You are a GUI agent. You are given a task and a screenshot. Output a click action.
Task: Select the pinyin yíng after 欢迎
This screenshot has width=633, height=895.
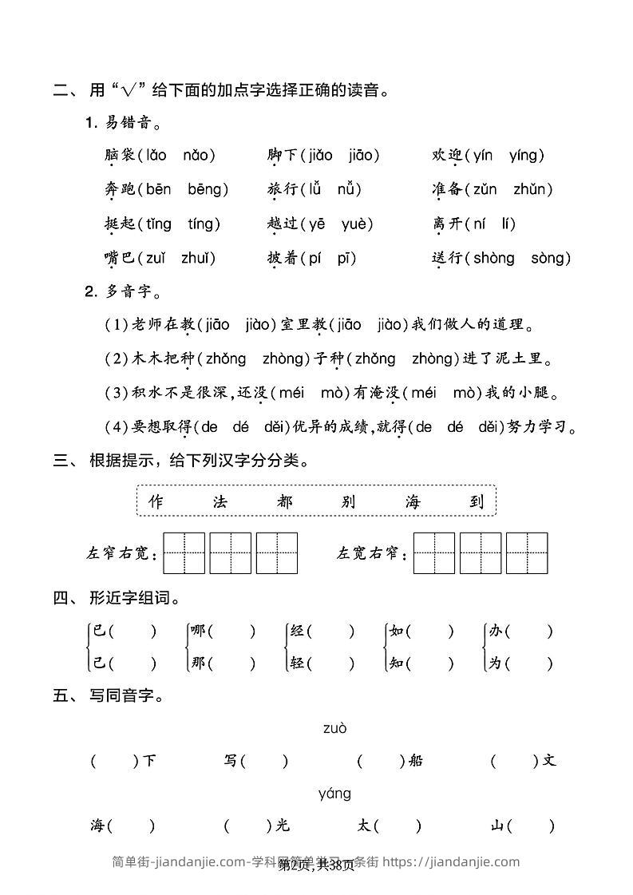pos(527,156)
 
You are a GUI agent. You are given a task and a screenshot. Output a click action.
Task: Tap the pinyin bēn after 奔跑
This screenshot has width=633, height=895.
pos(159,190)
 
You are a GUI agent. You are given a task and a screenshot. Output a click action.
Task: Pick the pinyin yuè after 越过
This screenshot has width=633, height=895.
pos(357,224)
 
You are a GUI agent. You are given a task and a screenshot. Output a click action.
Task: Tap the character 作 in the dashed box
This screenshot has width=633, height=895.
pos(156,501)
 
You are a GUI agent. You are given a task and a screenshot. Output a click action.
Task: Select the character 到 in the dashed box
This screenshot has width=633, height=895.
pos(477,501)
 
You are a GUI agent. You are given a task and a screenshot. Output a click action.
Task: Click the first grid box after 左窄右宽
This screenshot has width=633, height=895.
pos(184,553)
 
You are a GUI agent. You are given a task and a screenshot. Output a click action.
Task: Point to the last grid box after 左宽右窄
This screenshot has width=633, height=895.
pos(527,553)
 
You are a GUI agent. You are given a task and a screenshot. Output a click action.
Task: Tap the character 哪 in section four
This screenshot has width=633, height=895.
pos(198,632)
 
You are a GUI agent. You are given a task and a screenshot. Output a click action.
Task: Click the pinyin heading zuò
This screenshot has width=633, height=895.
pos(335,728)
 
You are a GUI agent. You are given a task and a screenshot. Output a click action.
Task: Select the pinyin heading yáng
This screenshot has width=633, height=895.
pos(334,794)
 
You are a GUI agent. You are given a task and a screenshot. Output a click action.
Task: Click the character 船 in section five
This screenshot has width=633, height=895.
pos(415,761)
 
